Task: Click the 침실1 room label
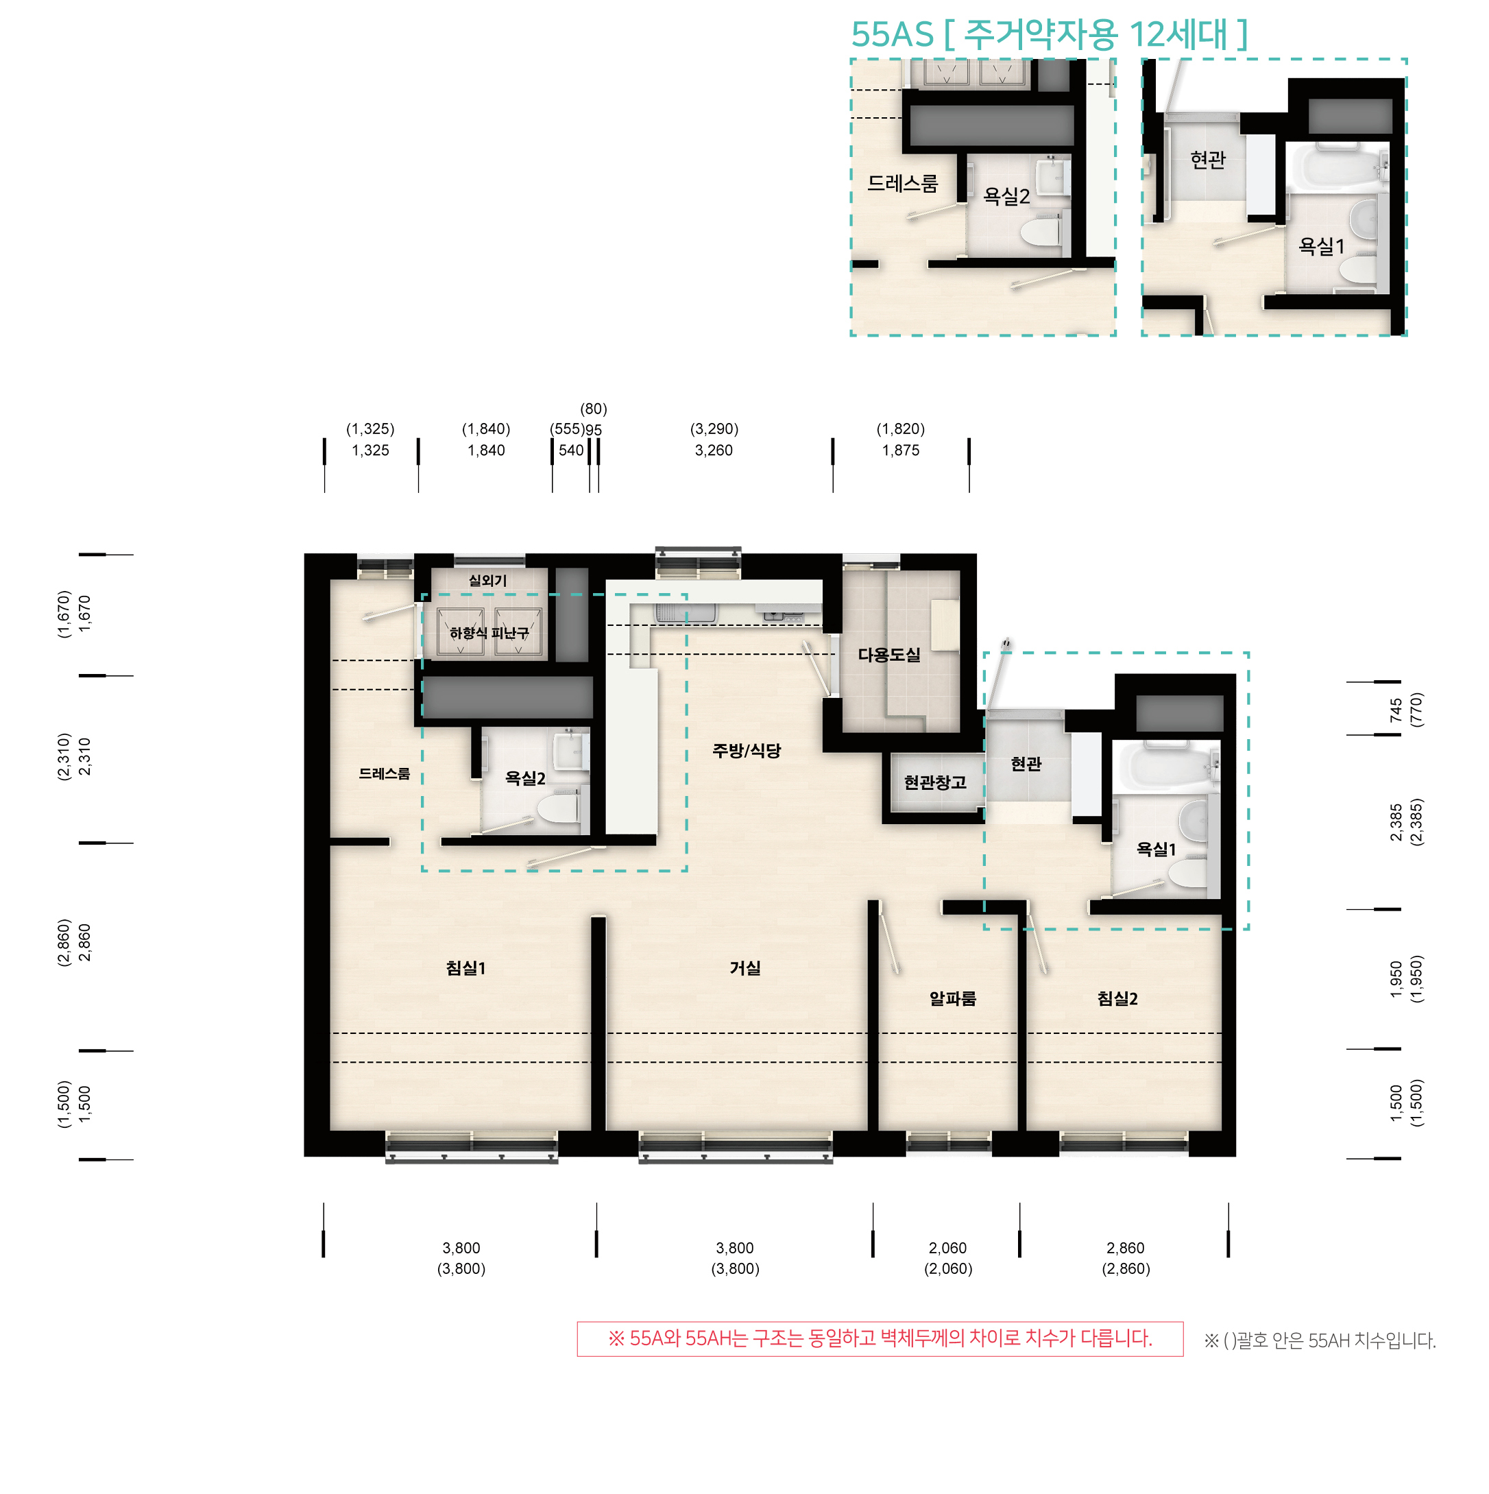(465, 968)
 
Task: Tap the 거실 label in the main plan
(745, 968)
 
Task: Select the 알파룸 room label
(952, 999)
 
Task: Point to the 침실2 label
(1117, 999)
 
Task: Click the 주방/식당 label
(746, 751)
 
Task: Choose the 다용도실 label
(889, 655)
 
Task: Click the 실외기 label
(488, 580)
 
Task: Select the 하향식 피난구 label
(489, 634)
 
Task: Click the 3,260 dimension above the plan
(714, 450)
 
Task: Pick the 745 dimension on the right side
(1396, 710)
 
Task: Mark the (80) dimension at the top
(594, 409)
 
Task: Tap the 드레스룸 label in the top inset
(902, 184)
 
